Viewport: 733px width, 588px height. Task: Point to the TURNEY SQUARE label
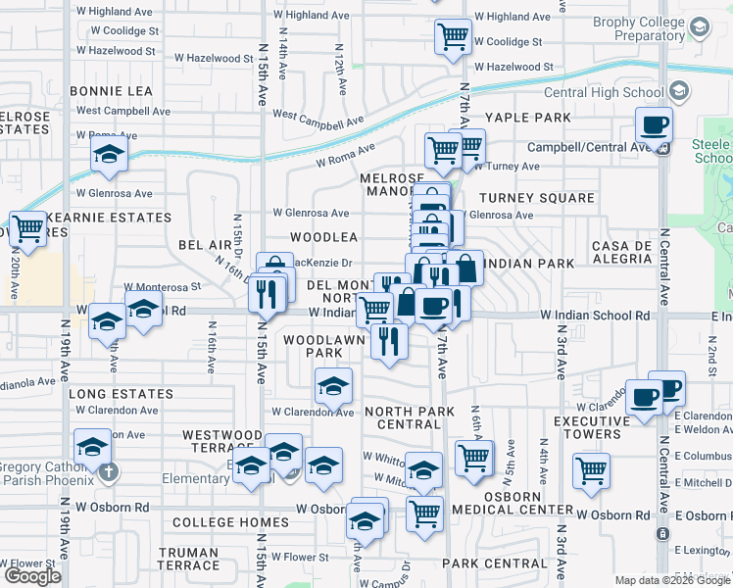[536, 198]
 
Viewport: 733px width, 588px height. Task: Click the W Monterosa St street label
[162, 287]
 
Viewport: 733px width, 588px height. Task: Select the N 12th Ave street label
[339, 73]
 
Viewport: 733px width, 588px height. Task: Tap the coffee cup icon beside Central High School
[654, 124]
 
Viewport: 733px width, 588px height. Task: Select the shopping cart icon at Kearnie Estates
[28, 227]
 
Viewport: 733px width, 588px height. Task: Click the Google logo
[32, 576]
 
